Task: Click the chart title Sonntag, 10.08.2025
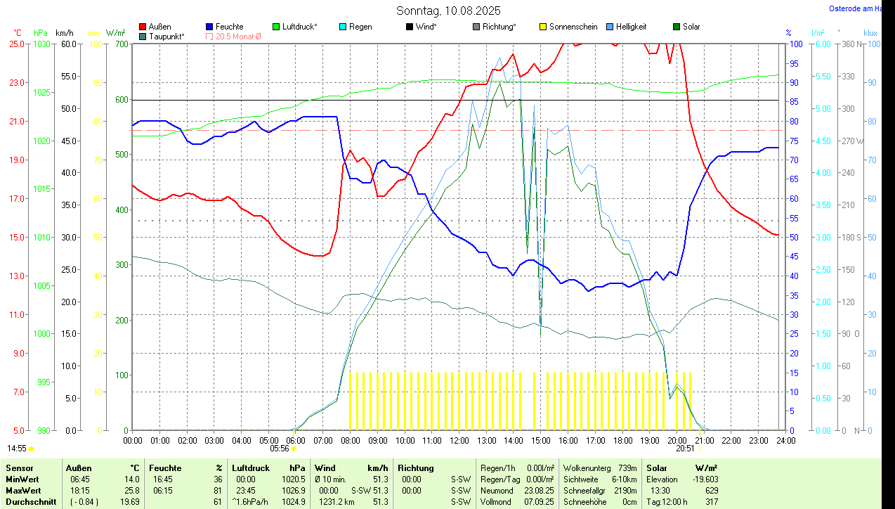(x=448, y=11)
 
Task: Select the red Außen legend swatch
(x=143, y=27)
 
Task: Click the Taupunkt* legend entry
(x=166, y=36)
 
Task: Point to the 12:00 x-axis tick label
(x=459, y=441)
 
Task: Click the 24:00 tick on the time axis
(x=785, y=441)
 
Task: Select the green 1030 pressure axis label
(x=42, y=44)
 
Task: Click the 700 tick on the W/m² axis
(x=122, y=44)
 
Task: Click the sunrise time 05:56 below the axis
(x=280, y=448)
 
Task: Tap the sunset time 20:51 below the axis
(x=685, y=448)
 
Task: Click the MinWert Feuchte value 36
(x=217, y=479)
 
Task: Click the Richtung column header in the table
(x=416, y=468)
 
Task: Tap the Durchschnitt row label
(x=31, y=502)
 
